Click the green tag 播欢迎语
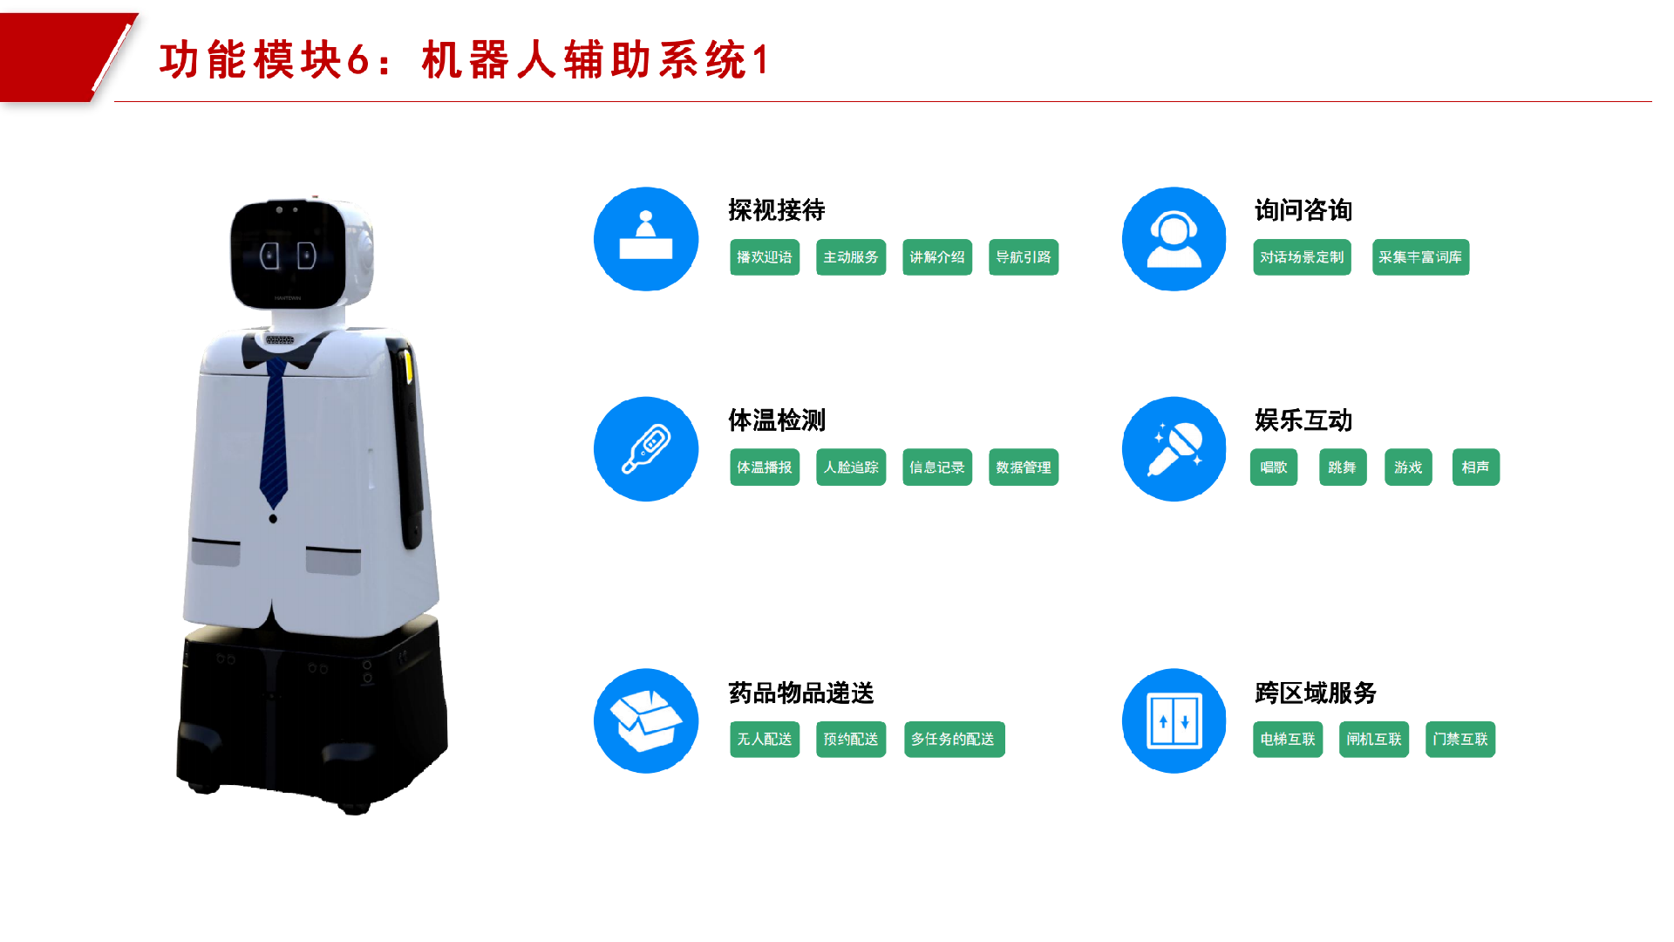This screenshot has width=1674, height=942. (764, 257)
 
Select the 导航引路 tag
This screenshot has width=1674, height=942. (1023, 257)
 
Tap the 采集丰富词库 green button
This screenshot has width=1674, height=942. (1419, 257)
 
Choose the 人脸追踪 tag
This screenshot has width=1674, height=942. (850, 468)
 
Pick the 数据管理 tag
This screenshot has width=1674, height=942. (1023, 468)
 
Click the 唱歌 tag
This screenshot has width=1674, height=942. (1273, 468)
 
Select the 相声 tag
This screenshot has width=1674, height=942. (1475, 468)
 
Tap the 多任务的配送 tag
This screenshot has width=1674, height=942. (954, 740)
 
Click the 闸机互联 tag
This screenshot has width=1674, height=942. (1373, 740)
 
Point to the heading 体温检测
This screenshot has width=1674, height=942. (776, 420)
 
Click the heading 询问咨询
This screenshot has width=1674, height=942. (1303, 210)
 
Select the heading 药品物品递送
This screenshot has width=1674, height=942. (800, 693)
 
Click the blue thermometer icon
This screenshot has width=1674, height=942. (646, 449)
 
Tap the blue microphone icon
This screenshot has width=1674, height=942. (1174, 449)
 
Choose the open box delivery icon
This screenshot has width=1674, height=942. (646, 721)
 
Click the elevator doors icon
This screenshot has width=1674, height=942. (1174, 721)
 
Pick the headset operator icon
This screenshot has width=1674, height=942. (1174, 239)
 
